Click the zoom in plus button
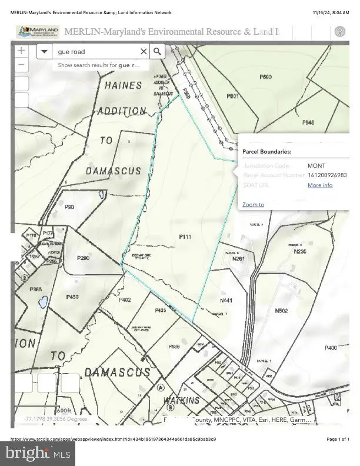[x=21, y=51]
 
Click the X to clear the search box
[x=143, y=52]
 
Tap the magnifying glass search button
[x=157, y=52]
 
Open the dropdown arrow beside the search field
[x=44, y=52]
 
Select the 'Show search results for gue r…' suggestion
[x=99, y=65]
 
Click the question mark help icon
[x=339, y=32]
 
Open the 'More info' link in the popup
[x=320, y=185]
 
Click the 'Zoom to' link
[x=253, y=205]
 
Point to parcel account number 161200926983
[x=327, y=175]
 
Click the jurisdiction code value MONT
[x=316, y=166]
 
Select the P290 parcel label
[x=83, y=258]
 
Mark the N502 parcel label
[x=281, y=311]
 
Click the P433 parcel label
[x=161, y=310]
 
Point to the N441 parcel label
[x=226, y=301]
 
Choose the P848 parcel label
[x=308, y=122]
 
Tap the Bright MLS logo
[x=38, y=453]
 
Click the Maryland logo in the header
[x=38, y=32]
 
